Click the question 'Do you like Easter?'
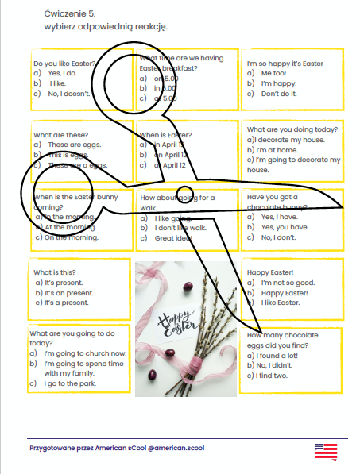pos(64,63)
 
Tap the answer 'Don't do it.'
pos(279,94)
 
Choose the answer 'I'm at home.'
pos(274,149)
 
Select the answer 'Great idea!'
pos(175,237)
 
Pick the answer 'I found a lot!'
pos(279,355)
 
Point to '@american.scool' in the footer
pos(172,448)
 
